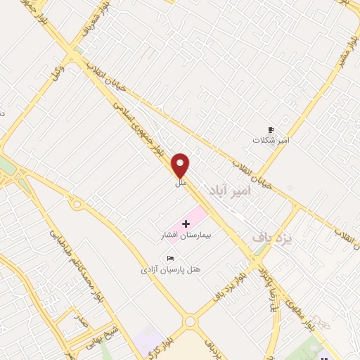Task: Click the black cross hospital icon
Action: point(186,224)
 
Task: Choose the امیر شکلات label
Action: point(271,140)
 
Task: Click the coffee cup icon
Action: point(271,129)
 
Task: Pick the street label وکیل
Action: point(58,72)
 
